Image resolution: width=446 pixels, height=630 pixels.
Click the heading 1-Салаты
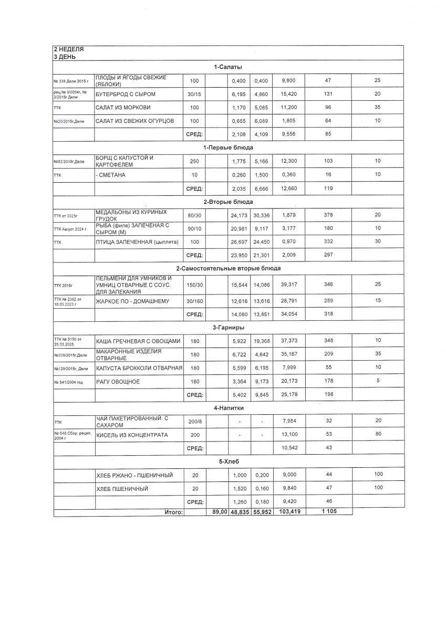tap(228, 67)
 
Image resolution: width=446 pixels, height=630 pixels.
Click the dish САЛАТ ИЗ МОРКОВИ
tap(123, 108)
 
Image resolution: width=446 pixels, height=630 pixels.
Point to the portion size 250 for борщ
tap(194, 161)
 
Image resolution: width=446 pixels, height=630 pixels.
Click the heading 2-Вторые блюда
tap(228, 202)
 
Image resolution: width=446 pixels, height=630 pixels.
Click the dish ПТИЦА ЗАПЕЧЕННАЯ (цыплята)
tap(137, 242)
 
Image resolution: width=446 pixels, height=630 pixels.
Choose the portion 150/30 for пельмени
tap(194, 285)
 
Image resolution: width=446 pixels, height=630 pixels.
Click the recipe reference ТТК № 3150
tap(68, 339)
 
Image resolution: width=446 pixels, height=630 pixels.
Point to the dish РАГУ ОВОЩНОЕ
tap(118, 382)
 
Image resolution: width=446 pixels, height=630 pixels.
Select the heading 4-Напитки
tap(228, 407)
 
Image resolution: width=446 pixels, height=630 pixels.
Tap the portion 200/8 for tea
tap(194, 421)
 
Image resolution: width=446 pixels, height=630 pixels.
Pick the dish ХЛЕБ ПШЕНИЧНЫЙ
tap(122, 489)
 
